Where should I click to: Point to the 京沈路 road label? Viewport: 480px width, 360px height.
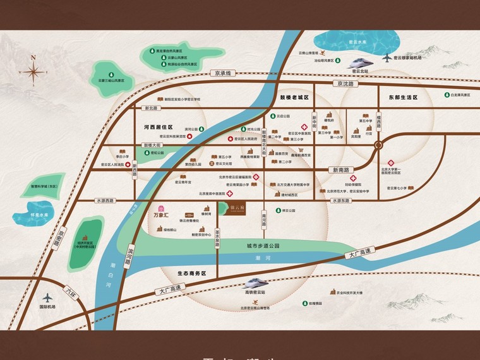point(347,83)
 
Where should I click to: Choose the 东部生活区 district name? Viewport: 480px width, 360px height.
point(404,98)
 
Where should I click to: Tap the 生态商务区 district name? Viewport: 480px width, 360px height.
point(191,273)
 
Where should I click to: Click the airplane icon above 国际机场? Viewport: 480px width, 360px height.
point(48,297)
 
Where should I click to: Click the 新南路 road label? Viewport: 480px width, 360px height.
point(339,170)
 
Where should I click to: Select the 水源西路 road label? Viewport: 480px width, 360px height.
point(105,201)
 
